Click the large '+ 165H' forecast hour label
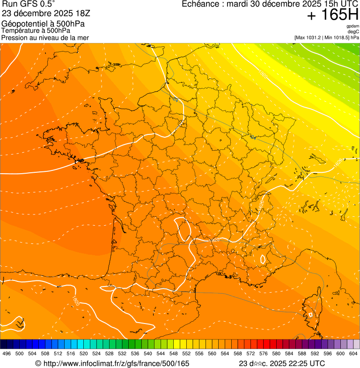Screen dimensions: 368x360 point(332,15)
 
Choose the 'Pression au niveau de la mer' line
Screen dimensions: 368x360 point(45,37)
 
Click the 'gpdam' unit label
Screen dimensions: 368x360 point(353,26)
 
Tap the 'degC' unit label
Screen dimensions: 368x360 point(353,32)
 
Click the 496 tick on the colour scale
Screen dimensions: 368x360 point(7,353)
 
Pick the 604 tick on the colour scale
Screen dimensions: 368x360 point(353,353)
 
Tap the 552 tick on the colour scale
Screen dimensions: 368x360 point(186,353)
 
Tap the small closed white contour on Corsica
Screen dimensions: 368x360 point(310,315)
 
